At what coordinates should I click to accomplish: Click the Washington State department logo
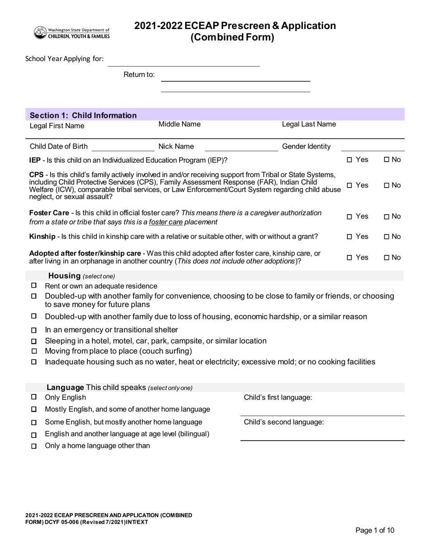coord(72,33)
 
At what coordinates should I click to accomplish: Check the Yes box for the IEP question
coord(349,160)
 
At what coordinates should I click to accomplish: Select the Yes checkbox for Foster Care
coord(349,217)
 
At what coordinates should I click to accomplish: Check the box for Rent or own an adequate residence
coord(34,286)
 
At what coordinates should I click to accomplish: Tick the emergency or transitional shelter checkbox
coord(34,330)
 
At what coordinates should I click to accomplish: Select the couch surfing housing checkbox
coord(34,351)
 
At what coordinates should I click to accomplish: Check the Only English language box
coord(34,397)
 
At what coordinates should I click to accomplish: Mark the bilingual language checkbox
coord(34,435)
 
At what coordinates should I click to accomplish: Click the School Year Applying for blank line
coord(183,63)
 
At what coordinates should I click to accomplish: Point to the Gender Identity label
coord(306,146)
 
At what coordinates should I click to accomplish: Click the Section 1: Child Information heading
coord(83,115)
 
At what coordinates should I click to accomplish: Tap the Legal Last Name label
coord(309,124)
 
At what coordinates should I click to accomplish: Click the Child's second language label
coord(284,422)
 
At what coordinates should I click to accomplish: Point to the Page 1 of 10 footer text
coord(375,530)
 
